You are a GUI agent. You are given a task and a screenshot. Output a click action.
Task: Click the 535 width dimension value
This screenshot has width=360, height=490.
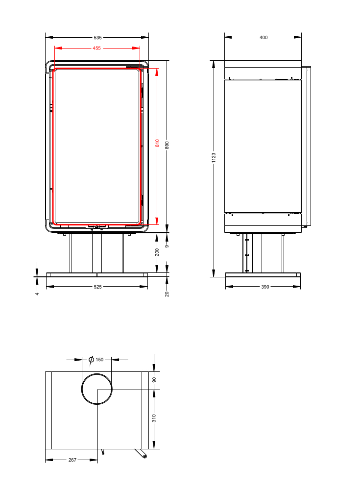[97, 38]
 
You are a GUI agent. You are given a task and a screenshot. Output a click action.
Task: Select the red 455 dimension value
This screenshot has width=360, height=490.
[96, 48]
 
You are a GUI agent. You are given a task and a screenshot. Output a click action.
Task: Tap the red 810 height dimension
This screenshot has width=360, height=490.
[157, 143]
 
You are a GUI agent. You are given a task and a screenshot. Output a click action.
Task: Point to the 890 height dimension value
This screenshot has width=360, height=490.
[167, 145]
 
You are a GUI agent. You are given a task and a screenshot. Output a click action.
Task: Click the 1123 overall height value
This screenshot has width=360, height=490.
[214, 157]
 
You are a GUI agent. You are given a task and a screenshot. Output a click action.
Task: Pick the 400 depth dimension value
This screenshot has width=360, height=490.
[264, 38]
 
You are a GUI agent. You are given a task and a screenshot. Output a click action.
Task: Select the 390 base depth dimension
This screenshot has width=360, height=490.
[265, 287]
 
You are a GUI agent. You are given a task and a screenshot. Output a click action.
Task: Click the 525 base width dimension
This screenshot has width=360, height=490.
[97, 287]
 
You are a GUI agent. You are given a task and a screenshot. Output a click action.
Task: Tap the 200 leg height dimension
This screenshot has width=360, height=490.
[157, 252]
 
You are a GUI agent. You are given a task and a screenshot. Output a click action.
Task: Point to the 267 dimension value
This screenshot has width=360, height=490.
[72, 460]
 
